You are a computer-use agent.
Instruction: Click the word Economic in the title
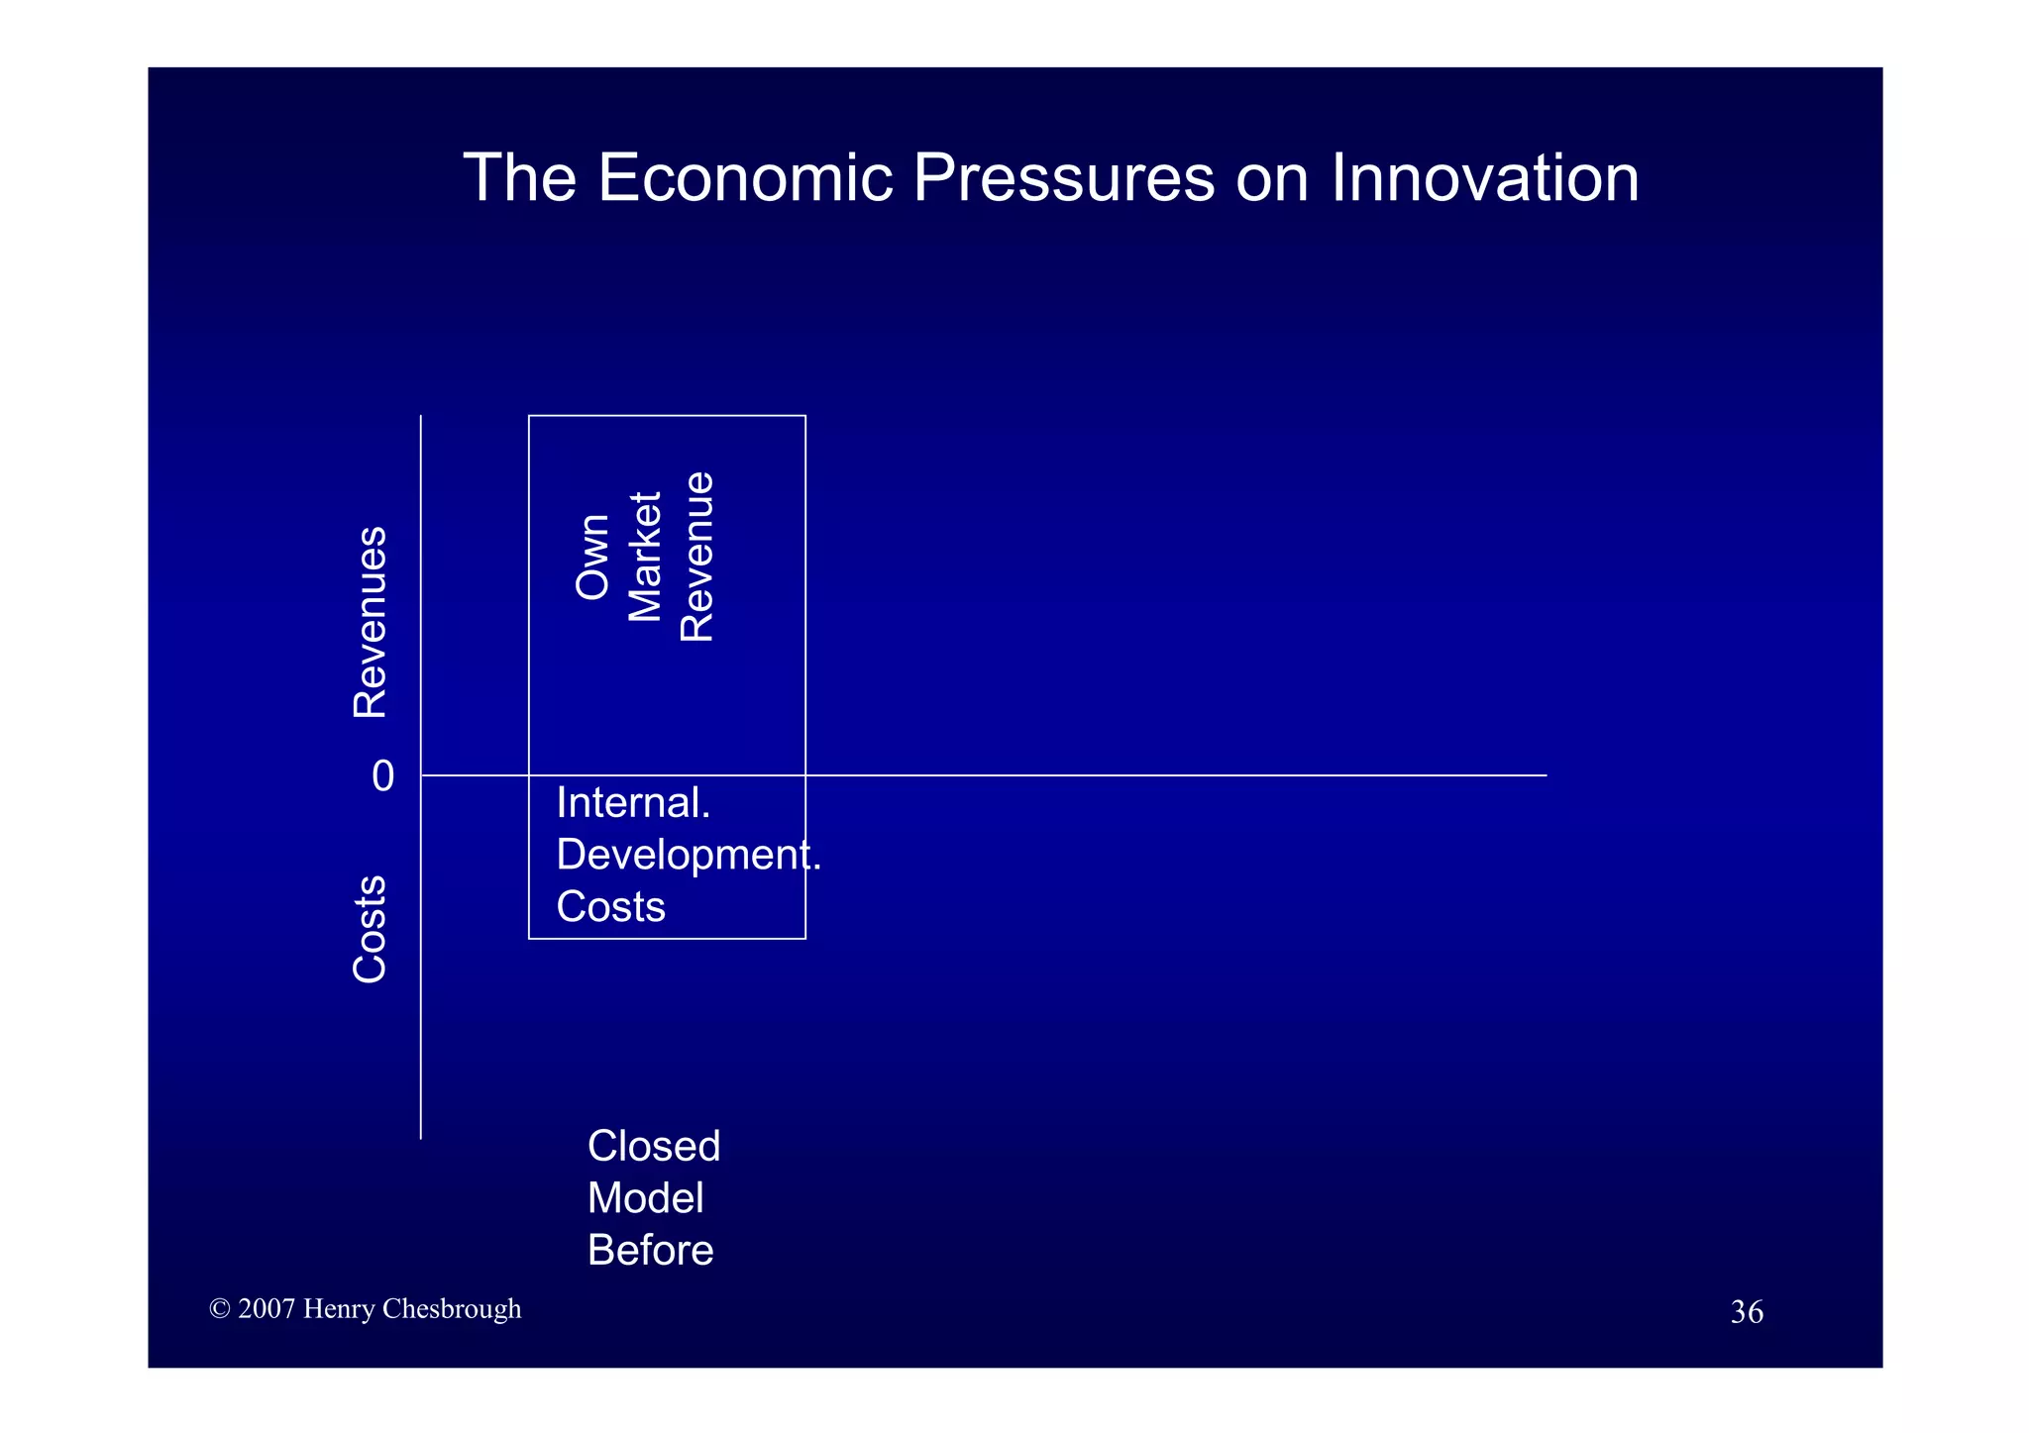pyautogui.click(x=744, y=178)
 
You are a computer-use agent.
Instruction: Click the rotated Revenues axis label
pyautogui.click(x=371, y=622)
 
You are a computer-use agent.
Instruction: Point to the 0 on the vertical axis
pyautogui.click(x=382, y=776)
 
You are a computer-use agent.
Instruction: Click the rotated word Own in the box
pyautogui.click(x=592, y=557)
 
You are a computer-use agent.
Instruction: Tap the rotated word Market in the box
pyautogui.click(x=645, y=557)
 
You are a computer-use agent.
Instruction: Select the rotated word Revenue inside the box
pyautogui.click(x=697, y=557)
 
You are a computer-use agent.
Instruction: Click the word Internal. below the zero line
pyautogui.click(x=633, y=803)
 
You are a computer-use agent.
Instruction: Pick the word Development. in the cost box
pyautogui.click(x=688, y=855)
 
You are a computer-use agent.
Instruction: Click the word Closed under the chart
pyautogui.click(x=653, y=1147)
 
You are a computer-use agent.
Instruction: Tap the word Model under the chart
pyautogui.click(x=645, y=1199)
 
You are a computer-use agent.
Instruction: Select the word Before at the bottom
pyautogui.click(x=650, y=1251)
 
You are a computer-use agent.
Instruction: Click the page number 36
pyautogui.click(x=1746, y=1312)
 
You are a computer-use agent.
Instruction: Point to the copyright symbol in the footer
pyautogui.click(x=220, y=1309)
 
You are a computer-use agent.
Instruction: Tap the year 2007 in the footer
pyautogui.click(x=267, y=1309)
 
